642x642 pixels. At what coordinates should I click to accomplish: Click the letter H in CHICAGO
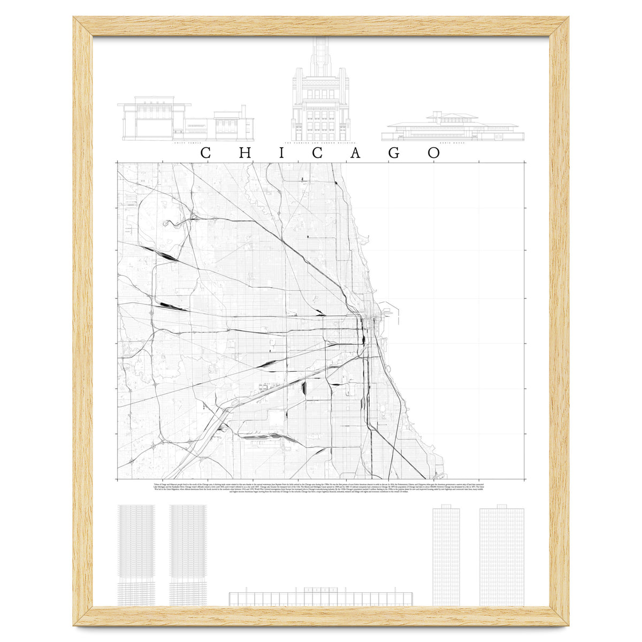(x=244, y=152)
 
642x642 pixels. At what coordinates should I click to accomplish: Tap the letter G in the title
(x=394, y=152)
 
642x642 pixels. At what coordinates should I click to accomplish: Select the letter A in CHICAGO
(x=356, y=152)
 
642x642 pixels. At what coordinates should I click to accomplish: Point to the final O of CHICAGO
(x=434, y=152)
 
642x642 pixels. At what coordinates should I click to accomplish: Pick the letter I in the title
(x=282, y=152)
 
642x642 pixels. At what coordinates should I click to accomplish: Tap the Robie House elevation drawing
(x=453, y=127)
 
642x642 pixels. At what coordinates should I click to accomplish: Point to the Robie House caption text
(x=453, y=143)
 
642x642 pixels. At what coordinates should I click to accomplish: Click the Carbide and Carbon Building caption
(x=320, y=143)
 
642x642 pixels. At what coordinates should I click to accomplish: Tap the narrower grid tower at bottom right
(x=446, y=556)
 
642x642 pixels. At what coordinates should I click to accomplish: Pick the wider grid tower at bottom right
(x=501, y=556)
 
